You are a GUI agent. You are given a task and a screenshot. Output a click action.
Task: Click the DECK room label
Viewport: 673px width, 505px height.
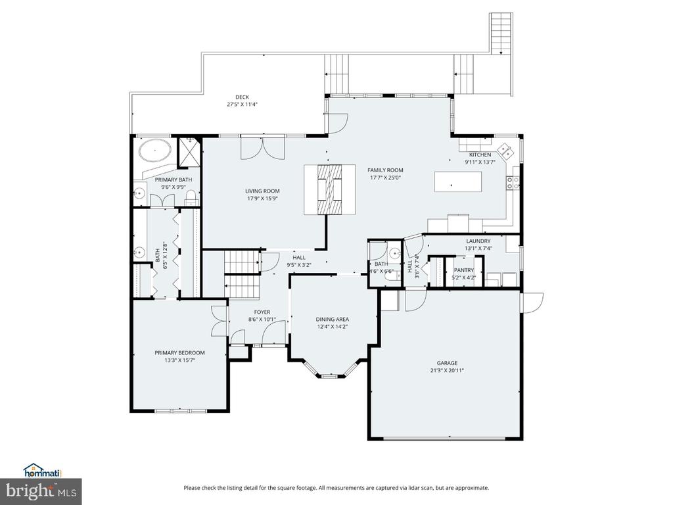(x=242, y=97)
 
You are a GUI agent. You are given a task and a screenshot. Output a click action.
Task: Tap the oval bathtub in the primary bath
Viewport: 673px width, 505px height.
(x=155, y=151)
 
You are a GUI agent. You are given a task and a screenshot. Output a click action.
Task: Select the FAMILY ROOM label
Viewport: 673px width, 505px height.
(x=385, y=170)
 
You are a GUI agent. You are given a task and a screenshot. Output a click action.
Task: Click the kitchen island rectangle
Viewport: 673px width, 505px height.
(x=458, y=181)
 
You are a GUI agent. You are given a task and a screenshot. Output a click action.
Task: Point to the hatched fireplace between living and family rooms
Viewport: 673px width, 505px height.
(x=330, y=189)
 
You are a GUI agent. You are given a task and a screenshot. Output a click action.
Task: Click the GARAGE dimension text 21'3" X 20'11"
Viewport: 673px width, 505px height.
(x=447, y=370)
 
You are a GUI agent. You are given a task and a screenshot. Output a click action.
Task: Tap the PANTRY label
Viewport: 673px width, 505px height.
(x=464, y=270)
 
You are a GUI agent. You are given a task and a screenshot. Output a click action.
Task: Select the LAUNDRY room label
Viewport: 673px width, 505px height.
(x=478, y=241)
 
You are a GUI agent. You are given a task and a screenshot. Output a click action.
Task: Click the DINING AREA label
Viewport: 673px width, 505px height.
(x=332, y=319)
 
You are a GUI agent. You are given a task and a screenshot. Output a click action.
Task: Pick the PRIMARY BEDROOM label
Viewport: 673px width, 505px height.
(x=179, y=352)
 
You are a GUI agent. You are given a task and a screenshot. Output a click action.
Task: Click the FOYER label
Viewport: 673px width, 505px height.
(x=262, y=312)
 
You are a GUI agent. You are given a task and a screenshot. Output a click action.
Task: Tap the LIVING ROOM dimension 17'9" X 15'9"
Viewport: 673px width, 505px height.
(x=262, y=198)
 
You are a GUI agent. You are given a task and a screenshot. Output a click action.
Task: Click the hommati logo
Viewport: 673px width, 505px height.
(x=43, y=471)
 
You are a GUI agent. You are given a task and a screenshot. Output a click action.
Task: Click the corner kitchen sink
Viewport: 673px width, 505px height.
(x=506, y=151)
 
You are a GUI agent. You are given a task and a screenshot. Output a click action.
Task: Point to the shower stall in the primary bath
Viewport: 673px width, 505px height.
(x=189, y=151)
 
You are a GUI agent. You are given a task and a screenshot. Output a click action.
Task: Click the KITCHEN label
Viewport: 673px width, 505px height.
(x=480, y=155)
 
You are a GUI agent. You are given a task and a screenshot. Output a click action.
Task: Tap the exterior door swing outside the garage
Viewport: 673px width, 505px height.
(x=532, y=302)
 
